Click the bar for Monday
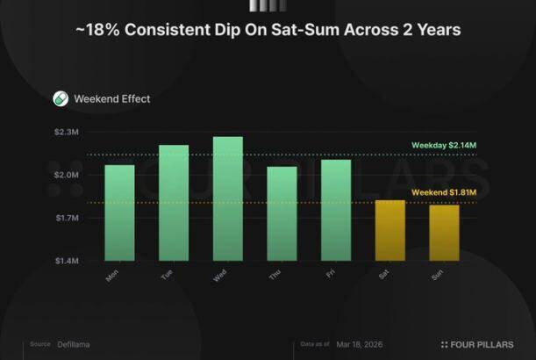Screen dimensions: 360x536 [119, 212]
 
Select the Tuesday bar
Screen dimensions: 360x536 [174, 203]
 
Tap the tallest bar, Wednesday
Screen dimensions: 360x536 [228, 198]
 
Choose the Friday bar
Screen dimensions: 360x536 [336, 210]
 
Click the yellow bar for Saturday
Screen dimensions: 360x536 [390, 230]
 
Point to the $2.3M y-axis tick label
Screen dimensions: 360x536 [68, 132]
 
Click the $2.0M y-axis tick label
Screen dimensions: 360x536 [68, 175]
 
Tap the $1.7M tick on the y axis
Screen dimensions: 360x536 [68, 218]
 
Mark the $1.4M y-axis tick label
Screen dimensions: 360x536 [68, 261]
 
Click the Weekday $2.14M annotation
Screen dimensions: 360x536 [444, 145]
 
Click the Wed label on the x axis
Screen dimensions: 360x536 [221, 277]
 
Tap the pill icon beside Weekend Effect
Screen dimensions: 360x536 [61, 98]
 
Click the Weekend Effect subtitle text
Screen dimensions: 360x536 [112, 98]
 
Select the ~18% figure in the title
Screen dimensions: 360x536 [94, 30]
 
